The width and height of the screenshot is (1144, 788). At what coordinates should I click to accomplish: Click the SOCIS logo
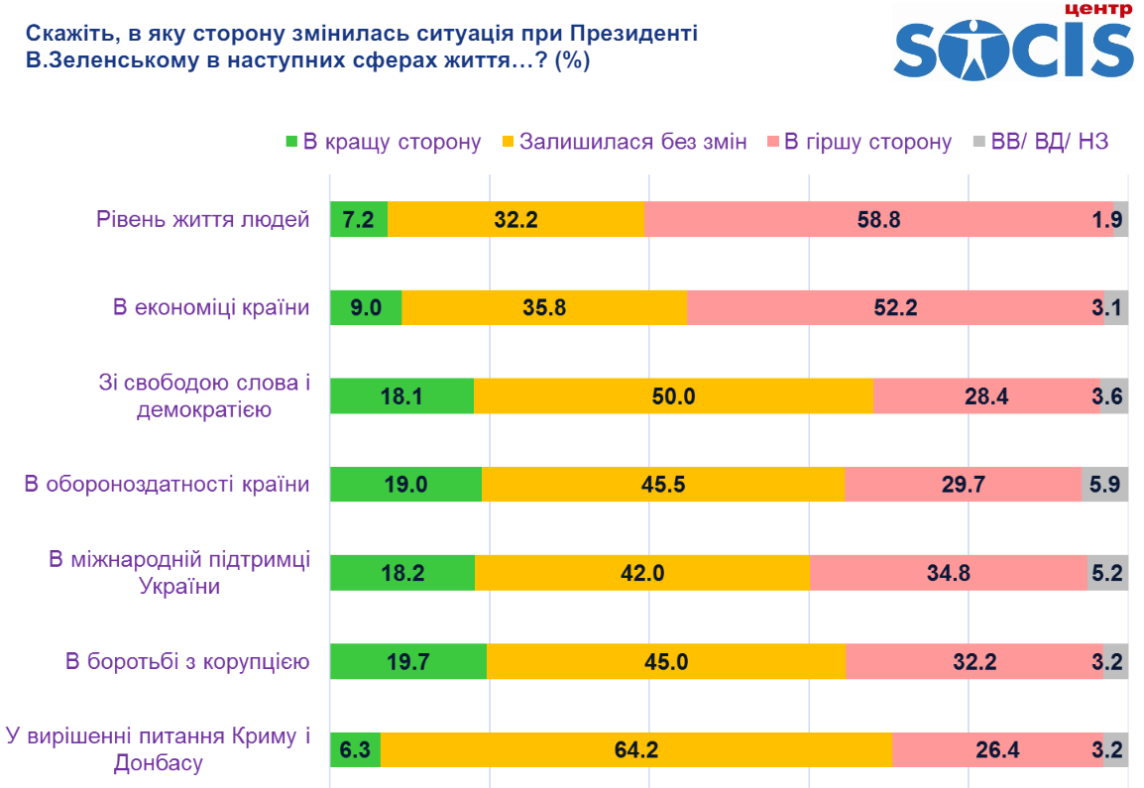pyautogui.click(x=1013, y=45)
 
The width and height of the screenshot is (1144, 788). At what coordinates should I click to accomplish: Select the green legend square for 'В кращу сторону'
pyautogui.click(x=291, y=142)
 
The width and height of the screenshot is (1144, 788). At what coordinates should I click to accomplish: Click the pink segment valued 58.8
pyautogui.click(x=878, y=219)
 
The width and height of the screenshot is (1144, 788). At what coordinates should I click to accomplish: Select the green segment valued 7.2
pyautogui.click(x=358, y=219)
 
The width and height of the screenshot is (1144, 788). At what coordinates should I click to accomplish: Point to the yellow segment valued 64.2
pyautogui.click(x=635, y=749)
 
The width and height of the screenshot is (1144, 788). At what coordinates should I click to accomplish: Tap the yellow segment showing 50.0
pyautogui.click(x=673, y=396)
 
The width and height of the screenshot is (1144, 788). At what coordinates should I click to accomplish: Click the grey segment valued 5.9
pyautogui.click(x=1104, y=485)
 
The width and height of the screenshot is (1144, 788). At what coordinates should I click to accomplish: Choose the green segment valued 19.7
pyautogui.click(x=407, y=661)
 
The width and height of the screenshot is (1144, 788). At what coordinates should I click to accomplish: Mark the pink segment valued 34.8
pyautogui.click(x=949, y=573)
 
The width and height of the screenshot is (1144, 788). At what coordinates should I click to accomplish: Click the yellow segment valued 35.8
pyautogui.click(x=544, y=307)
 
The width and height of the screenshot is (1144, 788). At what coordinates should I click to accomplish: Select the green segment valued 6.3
pyautogui.click(x=354, y=749)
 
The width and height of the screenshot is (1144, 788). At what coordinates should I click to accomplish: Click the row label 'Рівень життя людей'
pyautogui.click(x=203, y=219)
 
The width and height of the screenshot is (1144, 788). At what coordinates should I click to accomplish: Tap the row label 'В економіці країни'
pyautogui.click(x=210, y=307)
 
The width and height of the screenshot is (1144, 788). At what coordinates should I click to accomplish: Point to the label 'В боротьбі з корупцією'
pyautogui.click(x=187, y=661)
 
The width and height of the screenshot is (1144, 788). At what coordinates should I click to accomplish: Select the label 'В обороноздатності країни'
pyautogui.click(x=167, y=485)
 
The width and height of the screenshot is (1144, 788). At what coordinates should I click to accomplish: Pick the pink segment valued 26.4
pyautogui.click(x=997, y=749)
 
